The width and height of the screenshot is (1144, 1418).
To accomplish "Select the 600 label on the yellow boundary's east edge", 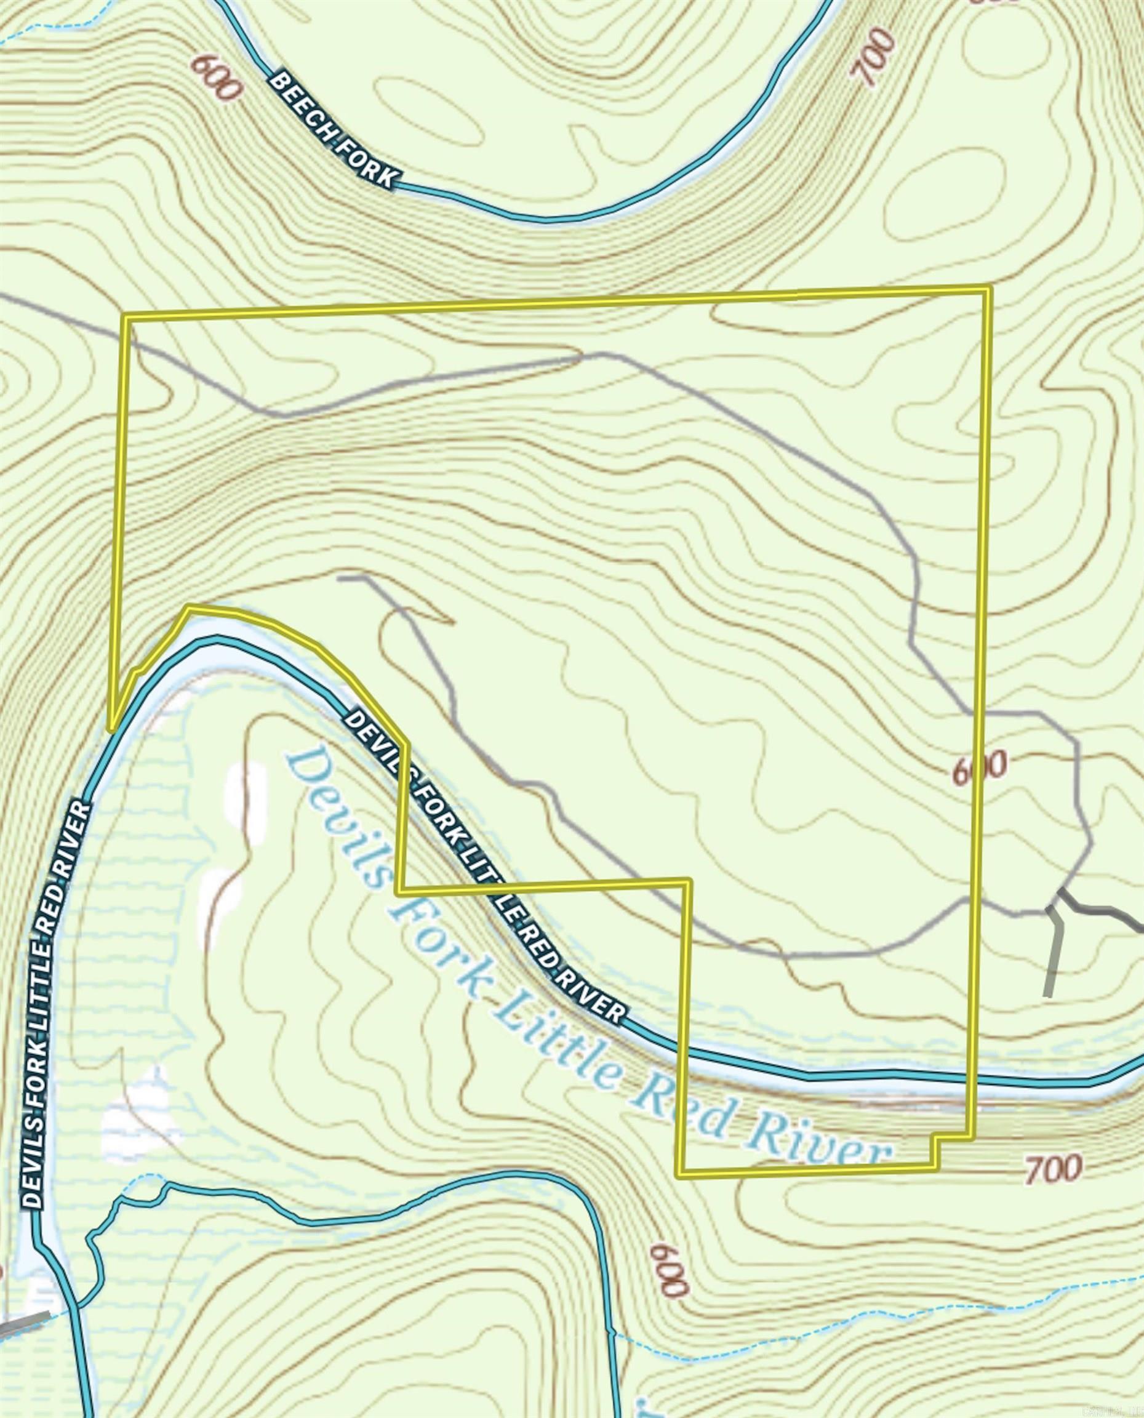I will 980,767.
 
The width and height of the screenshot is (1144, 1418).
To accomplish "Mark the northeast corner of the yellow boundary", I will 988,288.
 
